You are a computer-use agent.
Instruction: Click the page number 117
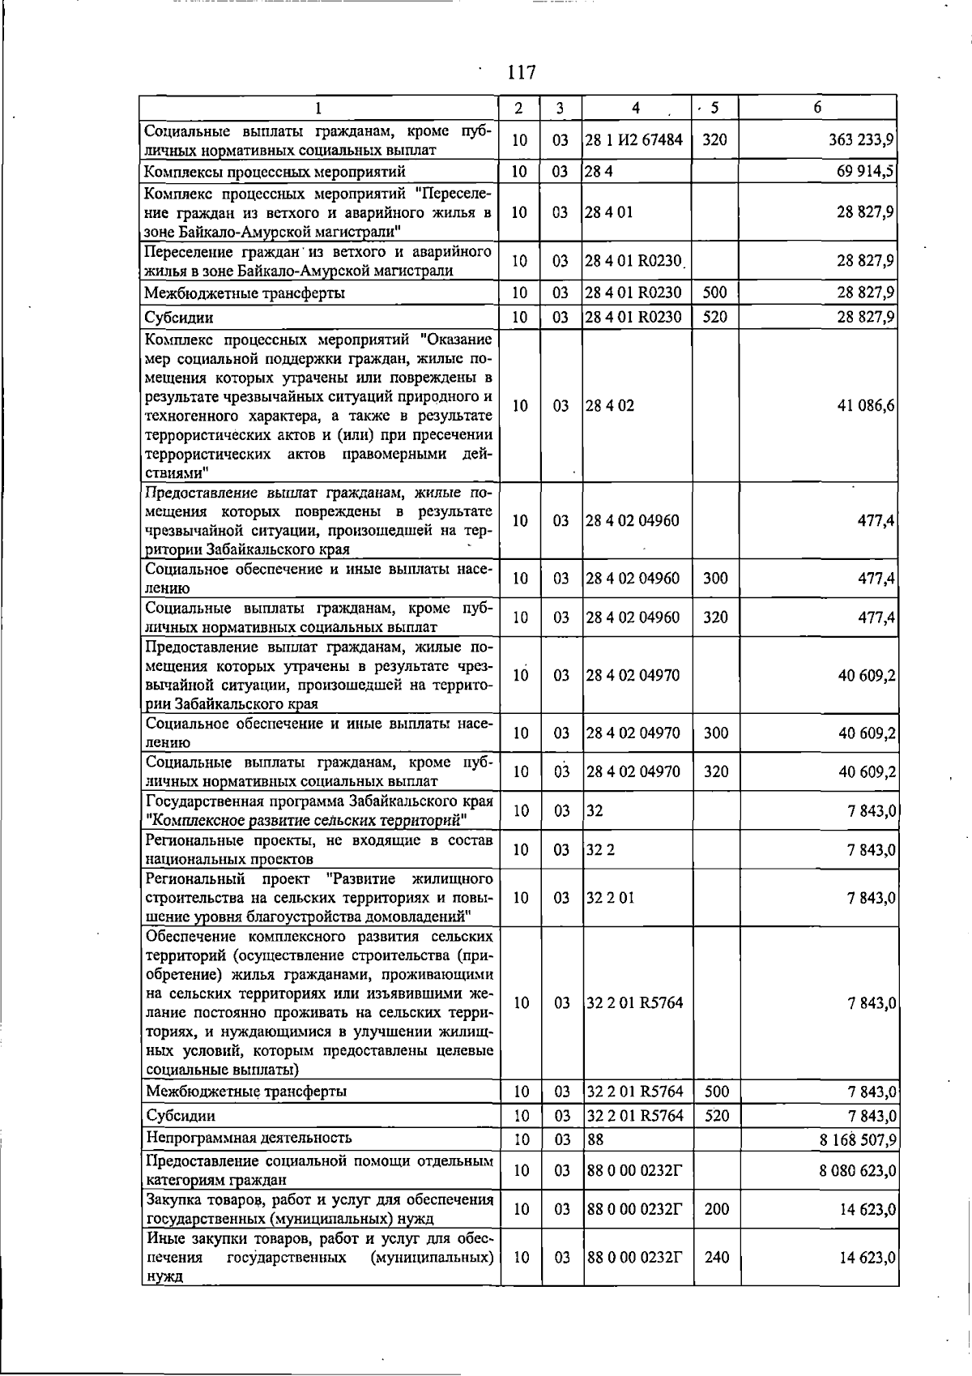coord(522,73)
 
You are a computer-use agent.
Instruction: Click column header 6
coord(817,108)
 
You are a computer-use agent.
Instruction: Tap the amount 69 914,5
coord(865,172)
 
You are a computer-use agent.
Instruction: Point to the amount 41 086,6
coord(865,406)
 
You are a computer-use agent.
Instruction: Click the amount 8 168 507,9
coord(858,1140)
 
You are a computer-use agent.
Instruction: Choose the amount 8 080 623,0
coord(858,1171)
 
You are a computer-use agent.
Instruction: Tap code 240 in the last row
coord(716,1258)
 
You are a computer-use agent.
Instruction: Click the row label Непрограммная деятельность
coord(249,1139)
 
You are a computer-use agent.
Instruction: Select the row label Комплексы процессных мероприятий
coord(275,172)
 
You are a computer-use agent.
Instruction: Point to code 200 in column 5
coord(716,1209)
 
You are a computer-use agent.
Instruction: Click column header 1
coord(318,108)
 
